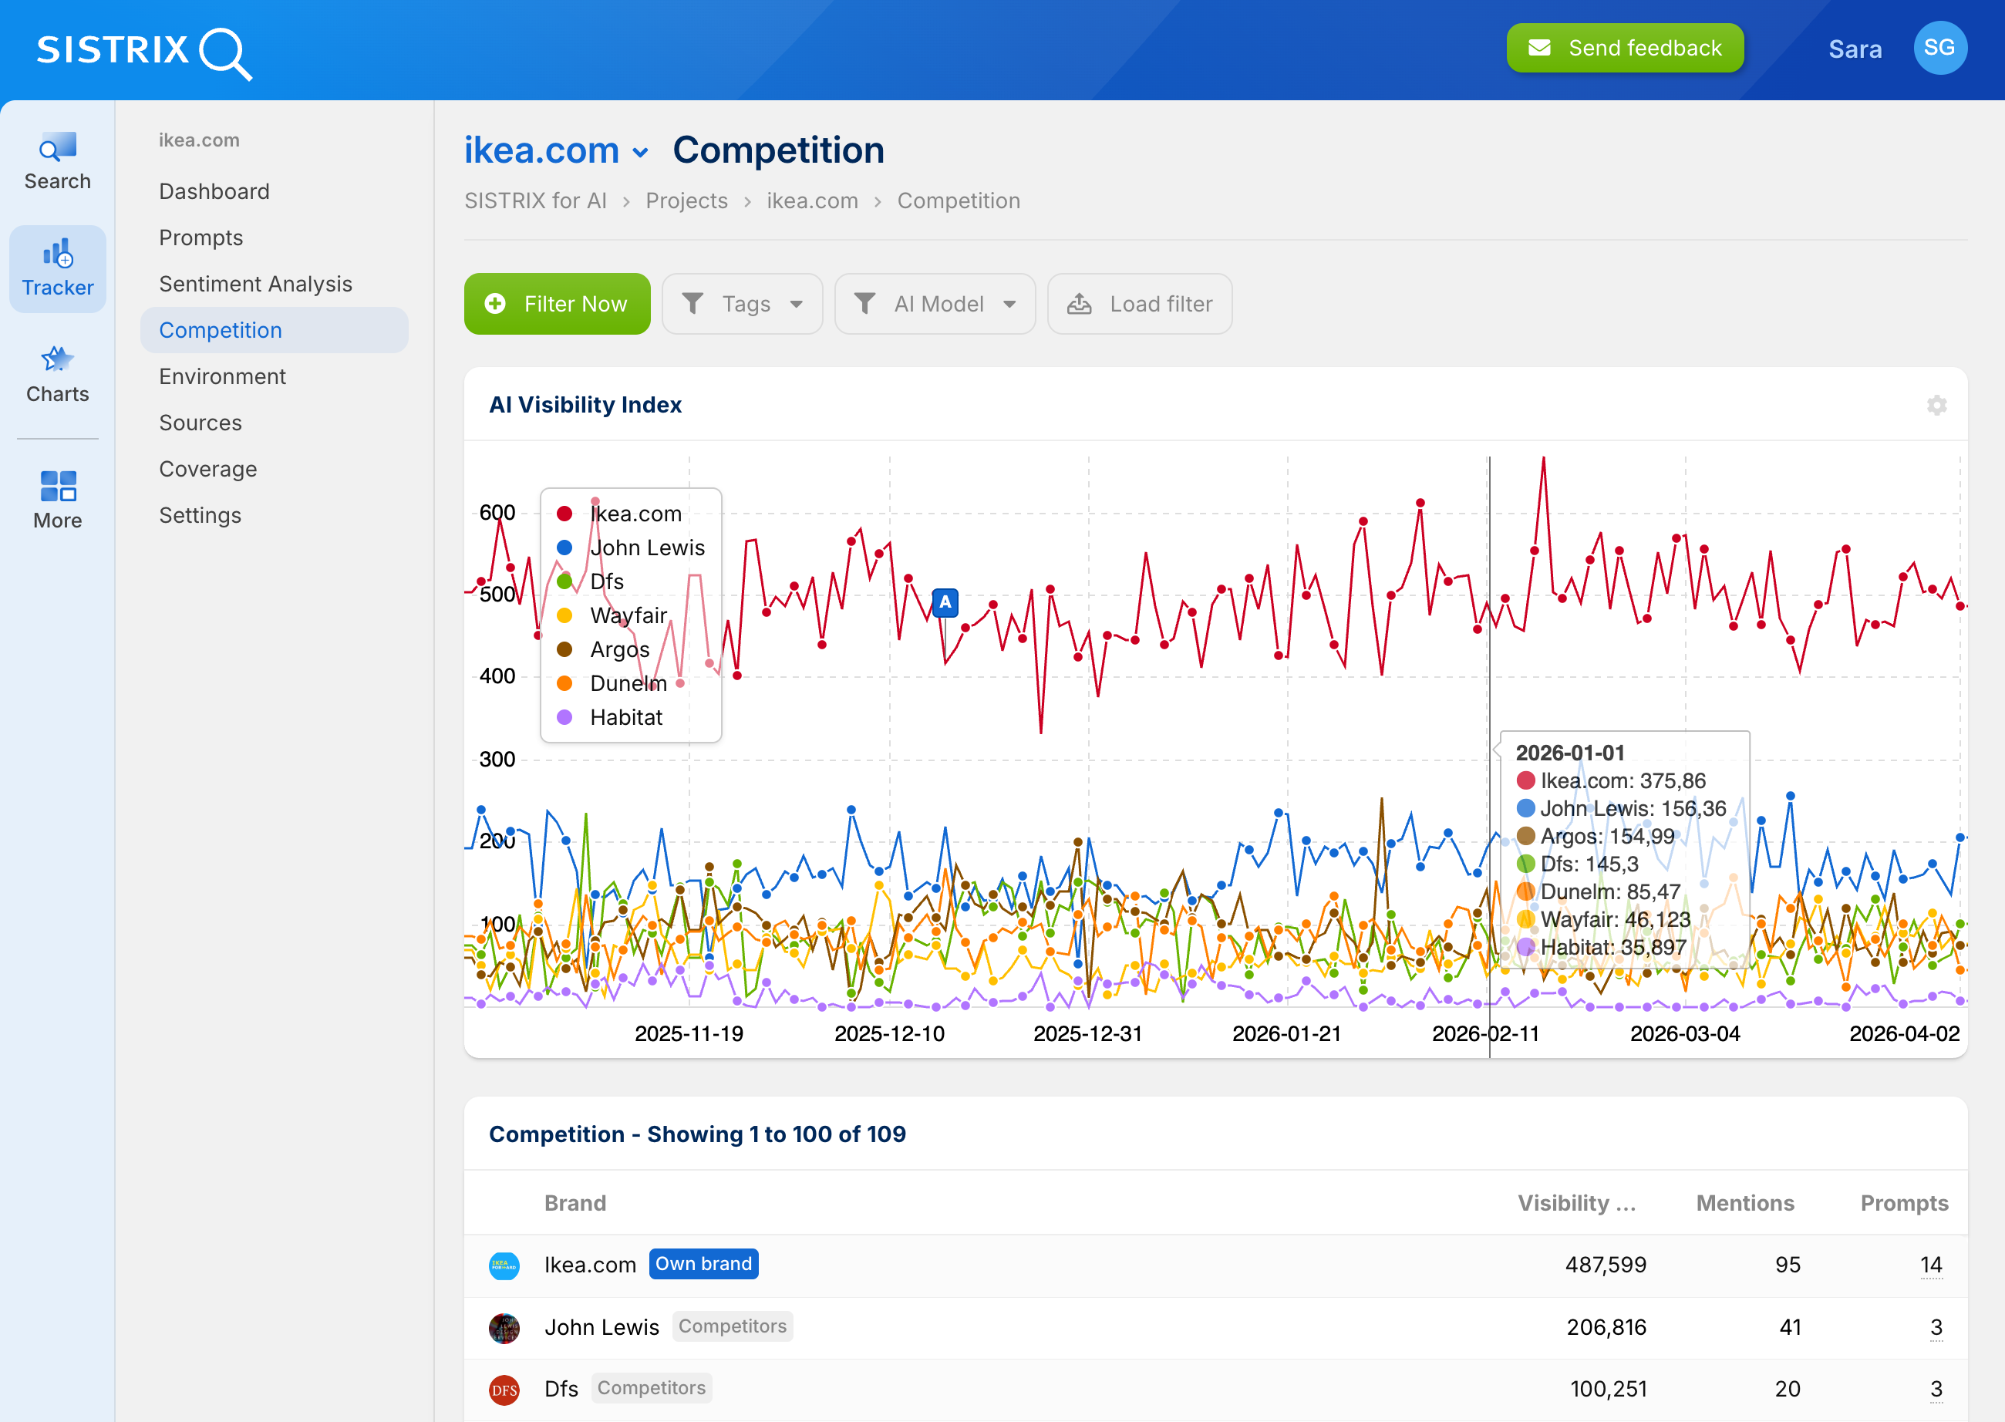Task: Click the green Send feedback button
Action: click(x=1624, y=48)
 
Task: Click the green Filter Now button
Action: click(x=557, y=304)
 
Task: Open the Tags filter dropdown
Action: click(x=742, y=304)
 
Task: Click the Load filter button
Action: click(x=1139, y=304)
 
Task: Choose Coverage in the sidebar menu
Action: click(x=207, y=470)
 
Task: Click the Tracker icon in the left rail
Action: click(x=58, y=268)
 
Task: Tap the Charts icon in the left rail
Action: click(x=58, y=374)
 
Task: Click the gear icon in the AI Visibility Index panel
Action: click(x=1936, y=405)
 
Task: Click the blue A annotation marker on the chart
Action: click(x=945, y=602)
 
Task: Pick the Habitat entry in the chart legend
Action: click(x=625, y=717)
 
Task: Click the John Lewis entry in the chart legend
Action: click(x=646, y=548)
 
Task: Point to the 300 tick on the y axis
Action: click(x=497, y=759)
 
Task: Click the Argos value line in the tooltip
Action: click(x=1606, y=836)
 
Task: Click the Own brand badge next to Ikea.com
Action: click(x=703, y=1263)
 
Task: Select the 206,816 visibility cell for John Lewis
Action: click(x=1606, y=1326)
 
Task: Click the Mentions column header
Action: click(x=1744, y=1203)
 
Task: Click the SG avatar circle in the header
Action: click(x=1939, y=48)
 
